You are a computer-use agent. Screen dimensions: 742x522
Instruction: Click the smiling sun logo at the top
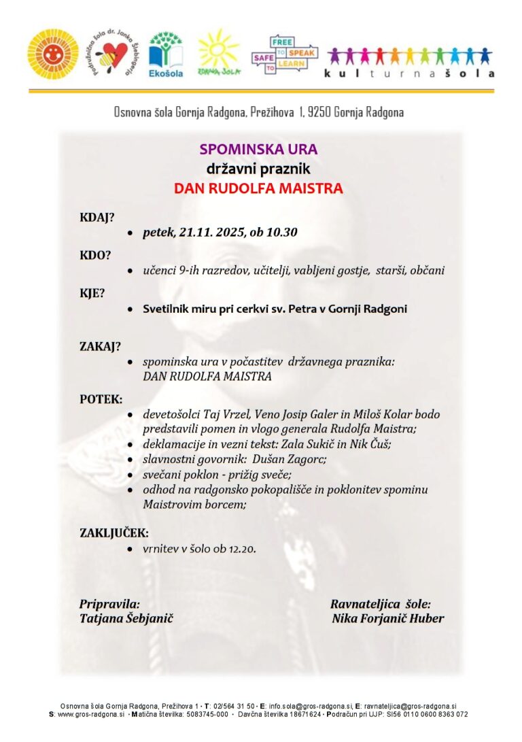[x=53, y=54]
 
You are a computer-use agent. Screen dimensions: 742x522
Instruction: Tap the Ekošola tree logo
[x=166, y=54]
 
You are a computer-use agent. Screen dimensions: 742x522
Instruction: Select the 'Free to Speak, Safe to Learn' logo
[x=284, y=54]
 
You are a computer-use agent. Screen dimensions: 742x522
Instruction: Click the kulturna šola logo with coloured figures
[x=411, y=61]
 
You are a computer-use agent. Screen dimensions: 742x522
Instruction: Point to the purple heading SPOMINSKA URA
[x=258, y=149]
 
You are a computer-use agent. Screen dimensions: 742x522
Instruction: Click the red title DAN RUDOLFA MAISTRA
[x=258, y=188]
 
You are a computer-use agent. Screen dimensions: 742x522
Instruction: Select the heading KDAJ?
[x=97, y=218]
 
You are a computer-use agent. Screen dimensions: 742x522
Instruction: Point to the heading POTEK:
[x=101, y=399]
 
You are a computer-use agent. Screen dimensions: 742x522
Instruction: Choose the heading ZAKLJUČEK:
[x=114, y=533]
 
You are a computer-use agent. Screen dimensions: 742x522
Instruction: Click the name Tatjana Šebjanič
[x=126, y=618]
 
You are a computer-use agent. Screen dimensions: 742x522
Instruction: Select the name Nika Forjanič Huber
[x=388, y=618]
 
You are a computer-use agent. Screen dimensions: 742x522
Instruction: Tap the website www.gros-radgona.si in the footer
[x=91, y=715]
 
